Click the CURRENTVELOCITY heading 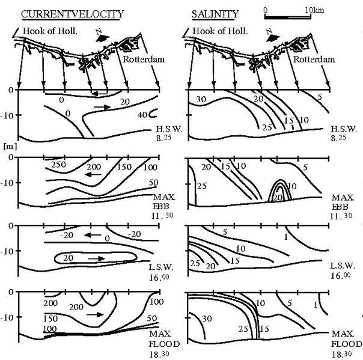tap(73, 14)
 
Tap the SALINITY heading tap(215, 14)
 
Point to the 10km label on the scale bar tap(314, 10)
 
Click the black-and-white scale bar tap(288, 17)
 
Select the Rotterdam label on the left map tap(144, 59)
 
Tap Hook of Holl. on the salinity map tap(220, 31)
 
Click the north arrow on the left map tap(102, 36)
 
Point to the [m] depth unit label tap(10, 146)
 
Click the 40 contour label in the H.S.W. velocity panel tap(142, 115)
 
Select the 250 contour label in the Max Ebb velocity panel tap(58, 165)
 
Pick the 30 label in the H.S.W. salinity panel tap(201, 99)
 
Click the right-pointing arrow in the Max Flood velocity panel tap(96, 314)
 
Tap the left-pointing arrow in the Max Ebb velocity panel tap(93, 174)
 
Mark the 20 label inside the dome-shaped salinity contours tap(278, 198)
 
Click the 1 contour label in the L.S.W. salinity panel tap(286, 237)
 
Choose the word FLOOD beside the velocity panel tap(164, 344)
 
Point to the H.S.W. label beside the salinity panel tap(344, 129)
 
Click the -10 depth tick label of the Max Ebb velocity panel tap(7, 183)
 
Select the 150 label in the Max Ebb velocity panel tap(124, 167)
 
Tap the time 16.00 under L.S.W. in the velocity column tap(159, 277)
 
